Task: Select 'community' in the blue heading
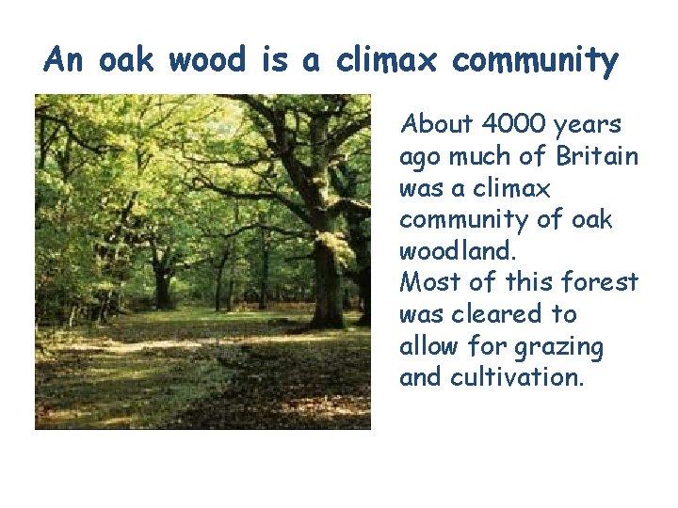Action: [535, 61]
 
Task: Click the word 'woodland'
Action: [457, 252]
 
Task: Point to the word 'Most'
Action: [427, 282]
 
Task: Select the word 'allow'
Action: [428, 346]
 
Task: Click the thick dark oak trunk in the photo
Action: [326, 254]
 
